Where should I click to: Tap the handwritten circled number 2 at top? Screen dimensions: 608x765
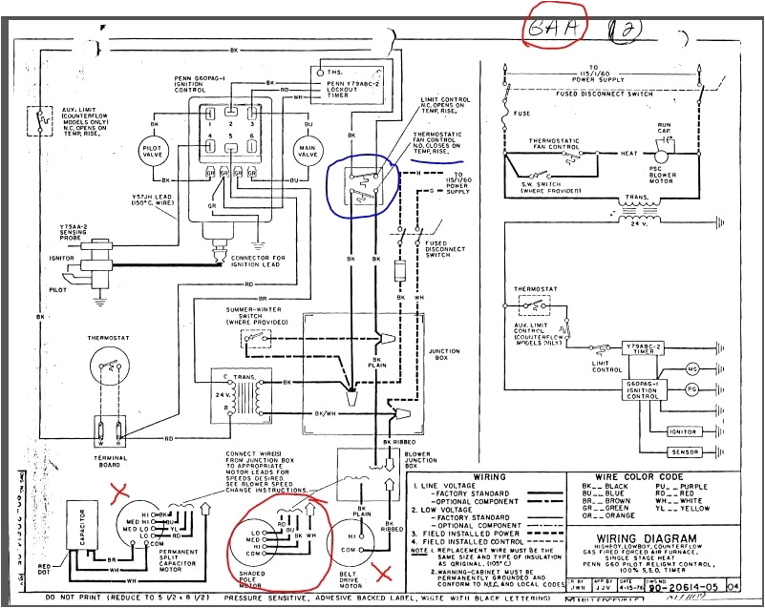631,31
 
